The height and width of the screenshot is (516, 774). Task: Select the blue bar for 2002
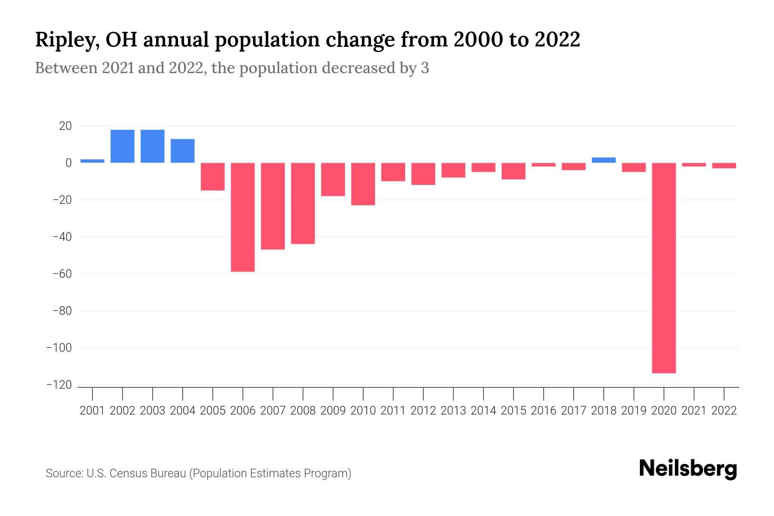tap(123, 146)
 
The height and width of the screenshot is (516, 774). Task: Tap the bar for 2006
tap(243, 217)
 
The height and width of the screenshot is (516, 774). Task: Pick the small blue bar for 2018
tap(604, 160)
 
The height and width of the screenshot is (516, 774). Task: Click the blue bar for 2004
tap(183, 151)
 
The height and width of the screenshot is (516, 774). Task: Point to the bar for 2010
tap(363, 184)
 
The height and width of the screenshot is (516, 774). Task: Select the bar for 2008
tap(303, 203)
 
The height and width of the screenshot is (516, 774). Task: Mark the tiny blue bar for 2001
tap(92, 161)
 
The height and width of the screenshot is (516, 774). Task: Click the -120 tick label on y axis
tap(59, 385)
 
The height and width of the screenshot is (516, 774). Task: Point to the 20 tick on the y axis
tap(66, 126)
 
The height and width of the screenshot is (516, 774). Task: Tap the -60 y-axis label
tap(62, 274)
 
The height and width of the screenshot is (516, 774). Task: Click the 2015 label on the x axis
tap(513, 411)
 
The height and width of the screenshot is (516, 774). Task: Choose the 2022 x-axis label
tap(724, 411)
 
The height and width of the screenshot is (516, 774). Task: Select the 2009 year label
tap(333, 411)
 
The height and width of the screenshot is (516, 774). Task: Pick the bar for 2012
tap(423, 174)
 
